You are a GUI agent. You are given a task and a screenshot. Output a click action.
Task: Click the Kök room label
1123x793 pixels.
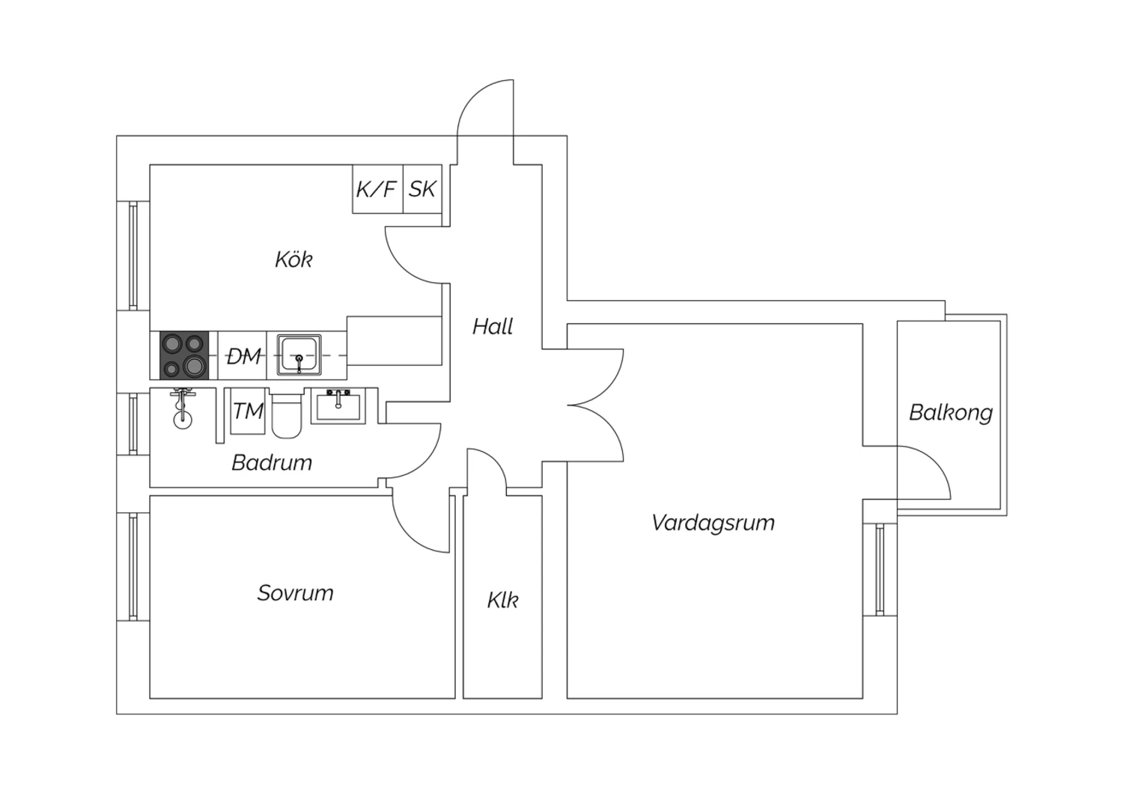pos(293,260)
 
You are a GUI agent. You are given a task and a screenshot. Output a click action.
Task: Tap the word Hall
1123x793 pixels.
pos(493,327)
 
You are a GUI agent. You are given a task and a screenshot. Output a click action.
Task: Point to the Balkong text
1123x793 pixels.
pos(951,413)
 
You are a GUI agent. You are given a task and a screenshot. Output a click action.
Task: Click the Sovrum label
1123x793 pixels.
pos(295,593)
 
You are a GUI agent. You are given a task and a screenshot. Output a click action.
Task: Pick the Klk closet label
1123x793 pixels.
pos(502,600)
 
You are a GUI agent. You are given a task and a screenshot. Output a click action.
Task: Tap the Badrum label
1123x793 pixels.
pos(272,462)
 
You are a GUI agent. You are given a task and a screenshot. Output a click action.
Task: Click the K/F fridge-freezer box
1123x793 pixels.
pos(377,189)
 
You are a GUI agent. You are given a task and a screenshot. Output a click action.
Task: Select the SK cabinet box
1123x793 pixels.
pos(423,189)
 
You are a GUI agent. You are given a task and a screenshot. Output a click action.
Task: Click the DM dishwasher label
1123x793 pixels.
pos(243,357)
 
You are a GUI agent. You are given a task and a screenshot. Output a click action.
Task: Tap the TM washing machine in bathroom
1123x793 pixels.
pos(248,411)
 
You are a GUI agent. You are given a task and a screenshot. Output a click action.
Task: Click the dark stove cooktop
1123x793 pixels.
pos(184,355)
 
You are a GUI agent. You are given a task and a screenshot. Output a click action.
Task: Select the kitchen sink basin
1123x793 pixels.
pos(299,355)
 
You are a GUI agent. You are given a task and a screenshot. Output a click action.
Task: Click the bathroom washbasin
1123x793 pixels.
pos(338,406)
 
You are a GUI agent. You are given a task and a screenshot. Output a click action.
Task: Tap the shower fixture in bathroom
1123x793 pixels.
pos(183,408)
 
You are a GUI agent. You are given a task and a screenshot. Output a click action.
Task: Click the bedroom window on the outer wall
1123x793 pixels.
pos(133,566)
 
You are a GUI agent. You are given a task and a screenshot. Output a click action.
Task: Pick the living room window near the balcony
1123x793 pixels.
pos(880,569)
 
